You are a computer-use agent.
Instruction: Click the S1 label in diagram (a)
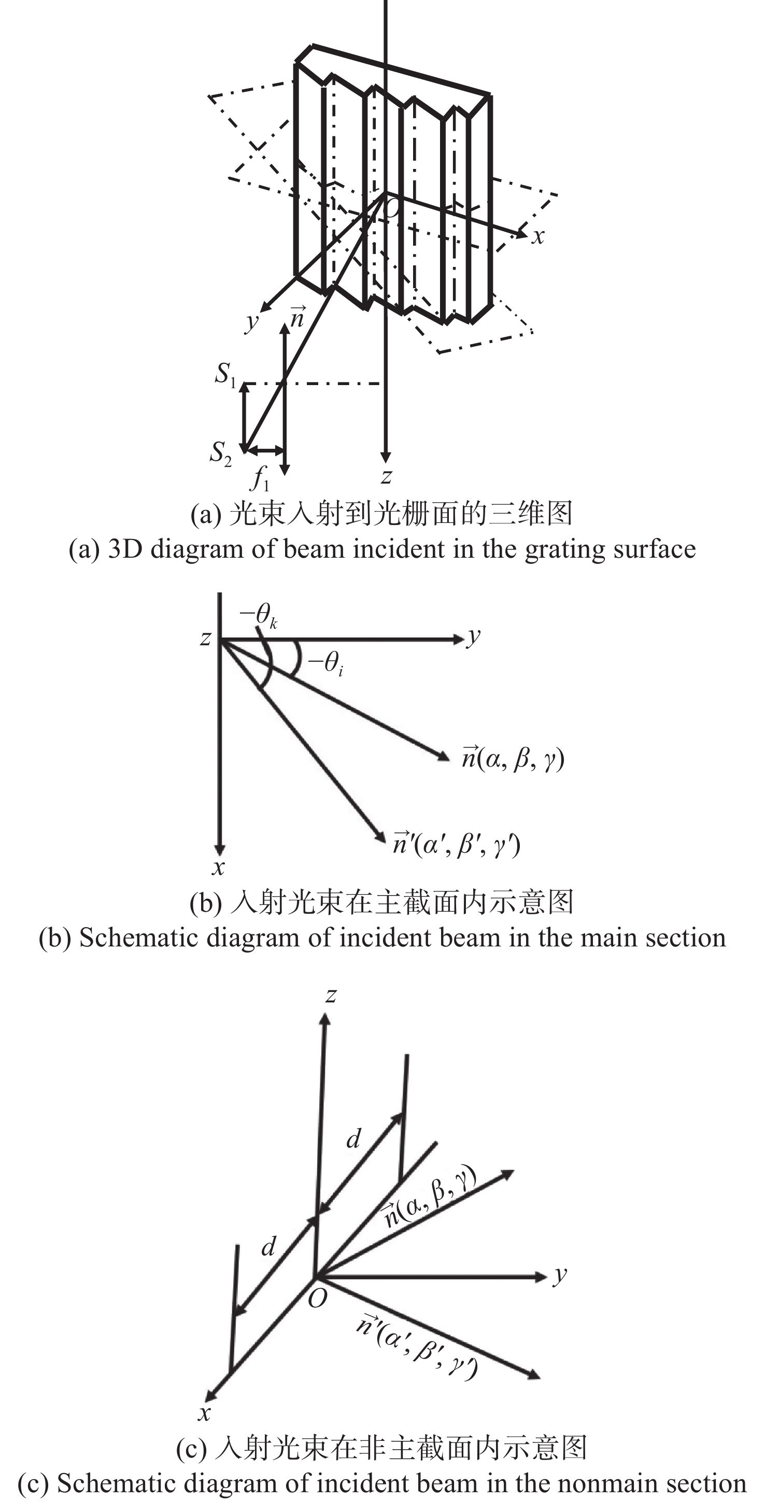225,374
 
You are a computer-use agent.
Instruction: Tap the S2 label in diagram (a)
220,453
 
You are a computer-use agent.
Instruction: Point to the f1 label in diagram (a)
259,478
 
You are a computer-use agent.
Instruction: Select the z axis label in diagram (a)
386,477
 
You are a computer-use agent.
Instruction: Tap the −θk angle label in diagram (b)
258,614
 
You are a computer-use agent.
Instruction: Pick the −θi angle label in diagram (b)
325,663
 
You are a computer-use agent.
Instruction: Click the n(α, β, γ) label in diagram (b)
513,758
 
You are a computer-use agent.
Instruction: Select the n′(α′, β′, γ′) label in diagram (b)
456,844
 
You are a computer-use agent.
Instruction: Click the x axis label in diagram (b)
218,868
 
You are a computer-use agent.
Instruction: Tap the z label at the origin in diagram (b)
205,639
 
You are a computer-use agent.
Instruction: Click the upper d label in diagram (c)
353,1138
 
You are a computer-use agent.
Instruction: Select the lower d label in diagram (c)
268,1248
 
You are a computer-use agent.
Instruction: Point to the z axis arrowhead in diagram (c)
325,1019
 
